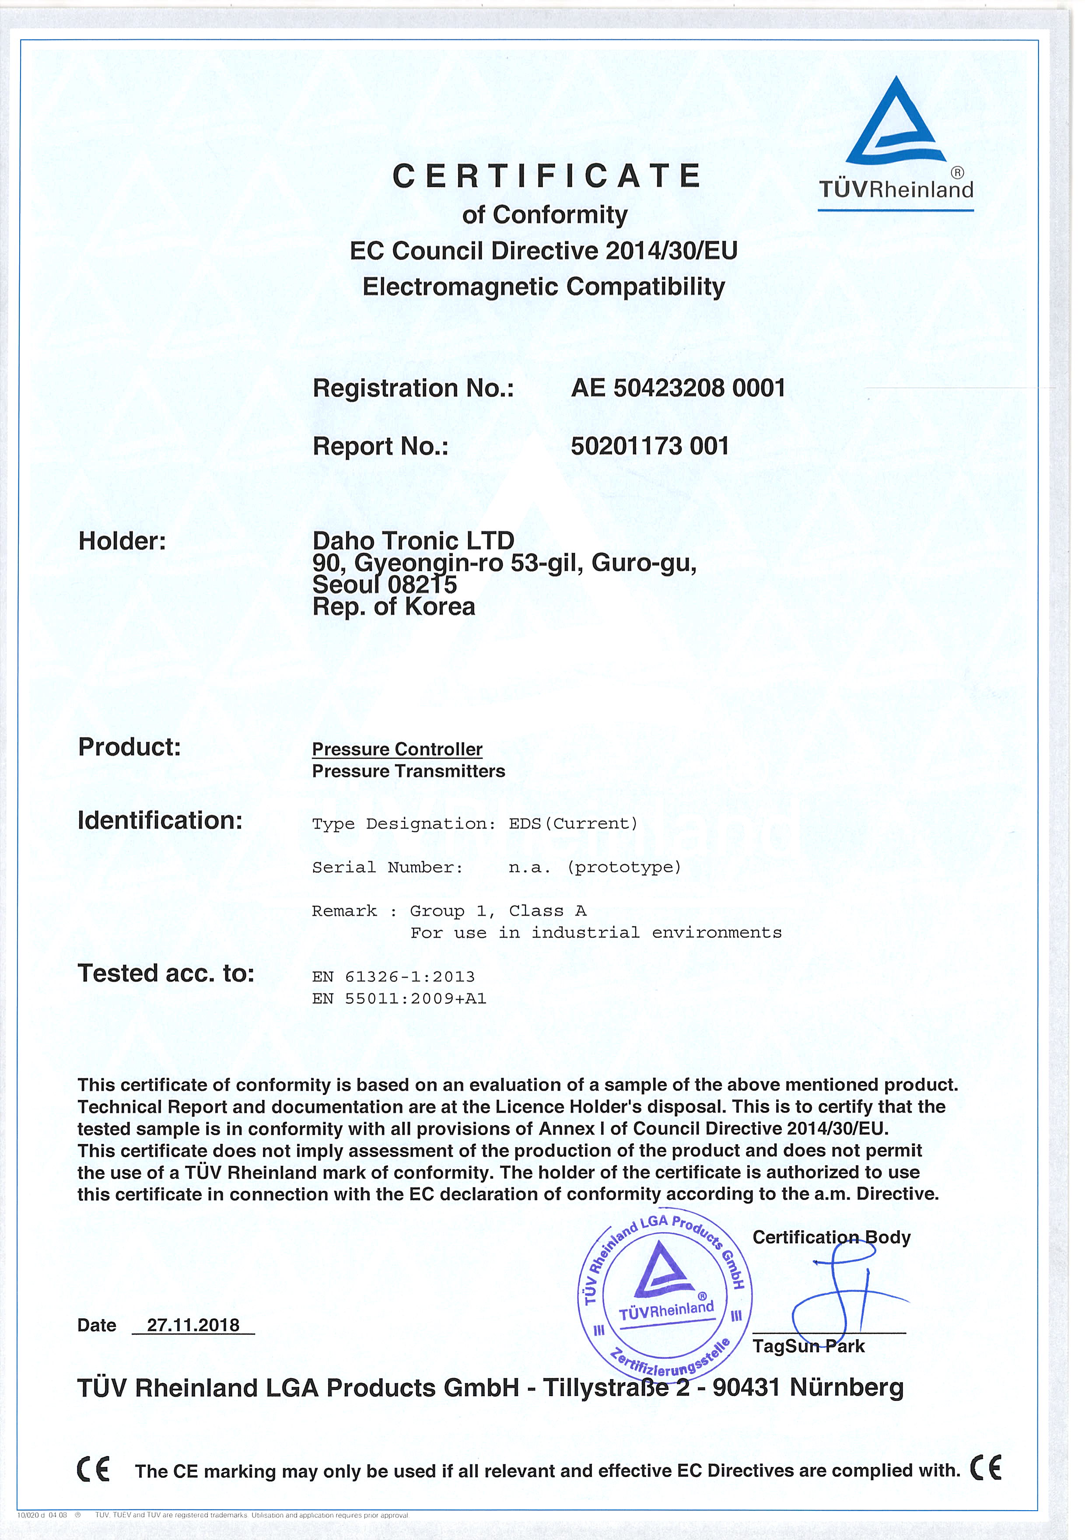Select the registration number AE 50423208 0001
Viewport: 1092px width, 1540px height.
[678, 388]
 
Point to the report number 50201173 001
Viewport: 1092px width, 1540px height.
[650, 446]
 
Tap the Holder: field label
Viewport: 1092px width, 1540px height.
[122, 541]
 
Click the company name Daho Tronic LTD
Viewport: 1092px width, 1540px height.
[413, 540]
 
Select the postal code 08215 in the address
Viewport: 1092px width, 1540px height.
[422, 584]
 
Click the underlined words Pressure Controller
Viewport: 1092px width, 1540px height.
[397, 749]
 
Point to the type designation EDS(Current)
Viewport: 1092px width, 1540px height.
[573, 824]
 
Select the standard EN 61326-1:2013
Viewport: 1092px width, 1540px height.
[393, 976]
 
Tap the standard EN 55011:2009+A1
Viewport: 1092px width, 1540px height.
[399, 999]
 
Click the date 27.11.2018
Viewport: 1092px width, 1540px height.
[193, 1325]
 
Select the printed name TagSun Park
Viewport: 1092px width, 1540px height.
[808, 1346]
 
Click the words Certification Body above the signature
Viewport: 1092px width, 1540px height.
[831, 1237]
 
